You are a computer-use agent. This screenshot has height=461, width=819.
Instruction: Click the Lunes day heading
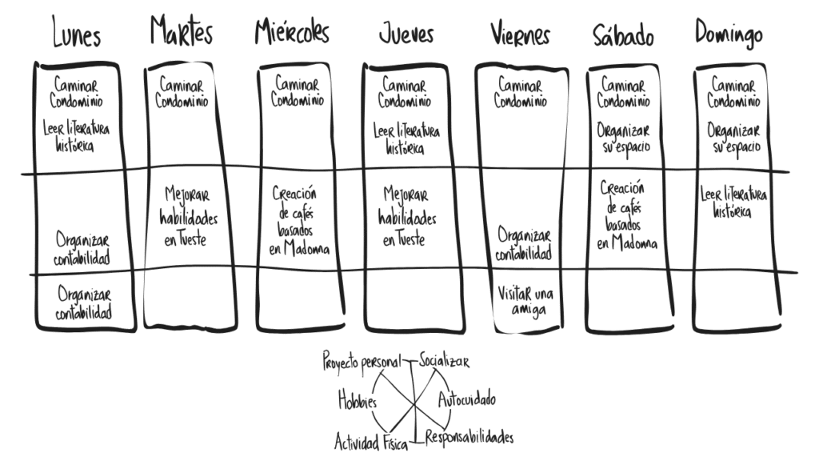point(76,32)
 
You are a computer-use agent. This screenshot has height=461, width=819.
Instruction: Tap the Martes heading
point(182,30)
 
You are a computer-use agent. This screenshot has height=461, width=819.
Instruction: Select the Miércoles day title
point(292,31)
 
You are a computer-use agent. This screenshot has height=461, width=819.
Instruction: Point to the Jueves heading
point(406,34)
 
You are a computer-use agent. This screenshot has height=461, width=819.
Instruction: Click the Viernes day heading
point(520,34)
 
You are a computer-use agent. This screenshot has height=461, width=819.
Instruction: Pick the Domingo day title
point(729,33)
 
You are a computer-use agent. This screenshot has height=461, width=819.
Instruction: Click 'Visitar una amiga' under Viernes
point(525,302)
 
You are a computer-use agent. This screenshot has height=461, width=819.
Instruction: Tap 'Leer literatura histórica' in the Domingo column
point(733,202)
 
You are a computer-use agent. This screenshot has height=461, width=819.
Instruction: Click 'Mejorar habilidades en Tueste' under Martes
point(188,216)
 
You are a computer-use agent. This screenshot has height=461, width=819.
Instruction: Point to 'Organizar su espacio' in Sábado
point(624,138)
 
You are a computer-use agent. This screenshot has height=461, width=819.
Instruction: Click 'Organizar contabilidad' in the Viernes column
point(523,244)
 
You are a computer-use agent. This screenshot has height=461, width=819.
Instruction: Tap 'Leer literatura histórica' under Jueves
point(406,139)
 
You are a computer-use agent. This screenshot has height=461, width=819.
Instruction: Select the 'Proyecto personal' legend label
point(362,361)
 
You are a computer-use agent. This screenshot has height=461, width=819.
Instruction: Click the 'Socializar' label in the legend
point(444,361)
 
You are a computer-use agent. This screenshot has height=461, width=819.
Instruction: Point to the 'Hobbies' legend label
point(358,400)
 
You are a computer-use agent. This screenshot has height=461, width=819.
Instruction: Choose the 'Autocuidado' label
point(466,400)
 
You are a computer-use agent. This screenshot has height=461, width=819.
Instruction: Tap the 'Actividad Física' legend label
point(371,442)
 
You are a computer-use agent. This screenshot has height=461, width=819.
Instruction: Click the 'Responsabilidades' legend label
point(469,437)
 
